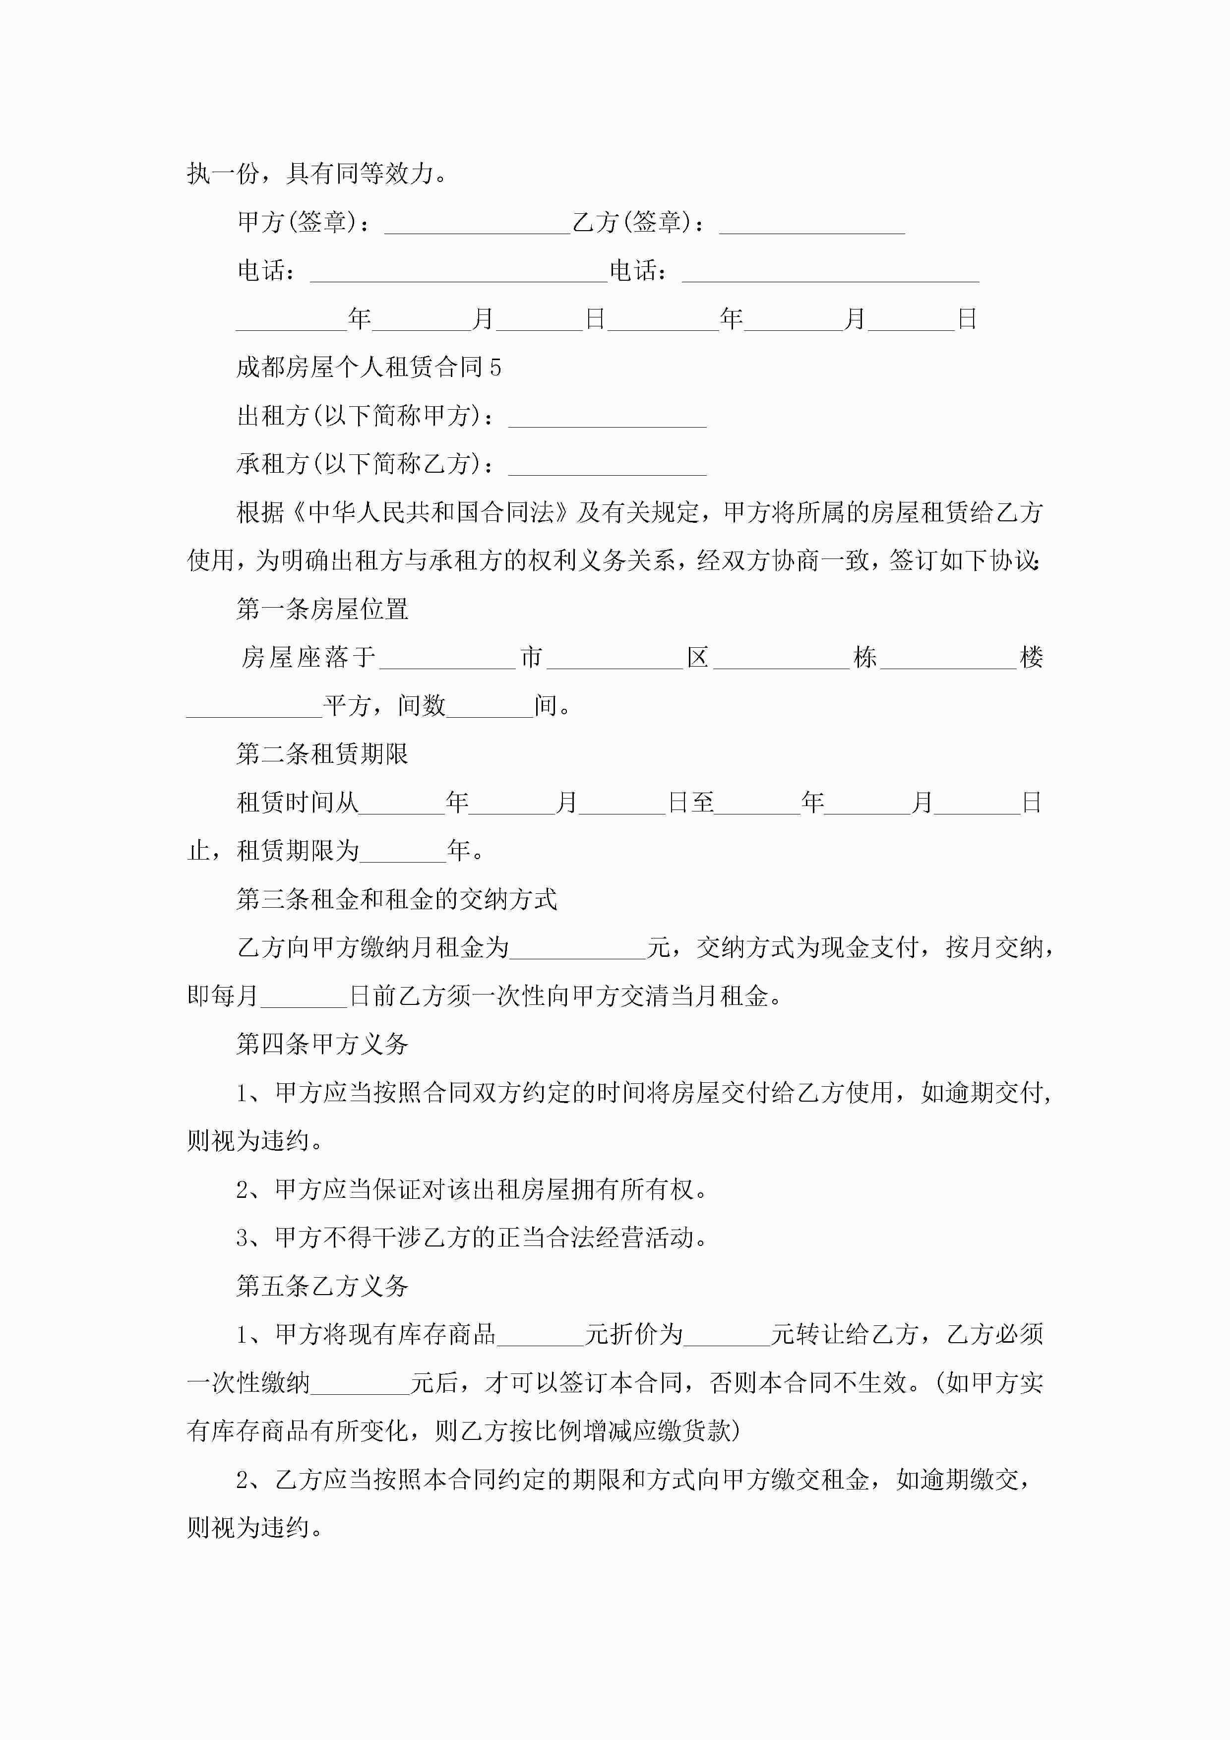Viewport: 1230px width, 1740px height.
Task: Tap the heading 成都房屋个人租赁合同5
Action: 369,368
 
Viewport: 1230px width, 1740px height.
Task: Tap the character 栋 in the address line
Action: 864,657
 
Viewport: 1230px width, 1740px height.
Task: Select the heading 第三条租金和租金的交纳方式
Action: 396,900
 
